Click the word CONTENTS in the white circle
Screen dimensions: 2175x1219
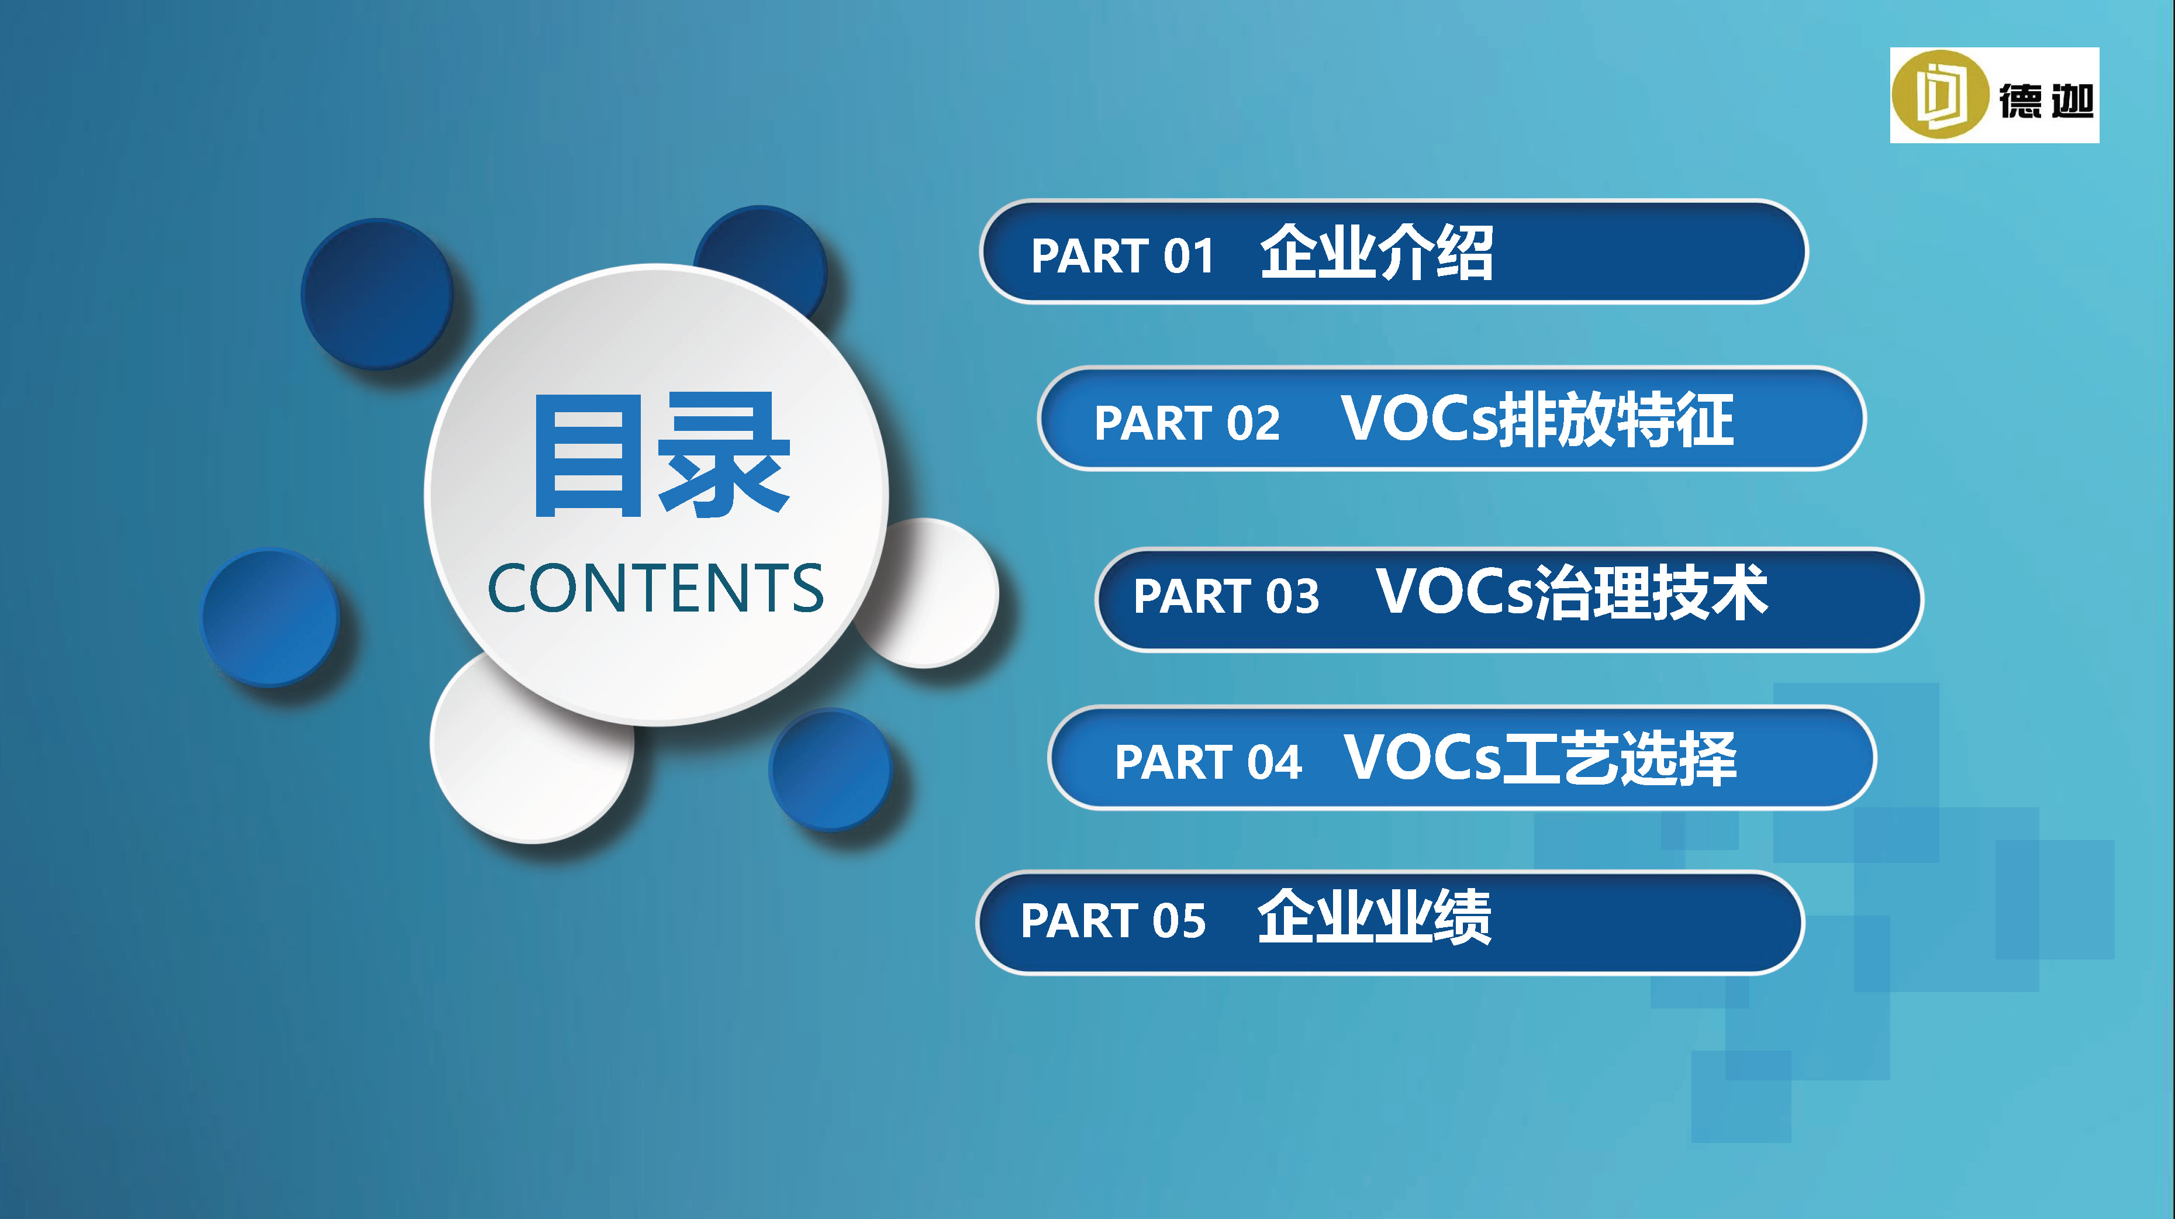coord(655,588)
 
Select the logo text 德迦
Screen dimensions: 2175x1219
coord(2046,101)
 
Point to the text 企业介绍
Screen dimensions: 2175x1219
coord(1376,251)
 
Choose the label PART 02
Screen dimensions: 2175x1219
coord(1186,422)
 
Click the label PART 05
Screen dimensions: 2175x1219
coord(1113,920)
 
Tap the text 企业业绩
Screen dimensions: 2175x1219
coord(1374,917)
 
